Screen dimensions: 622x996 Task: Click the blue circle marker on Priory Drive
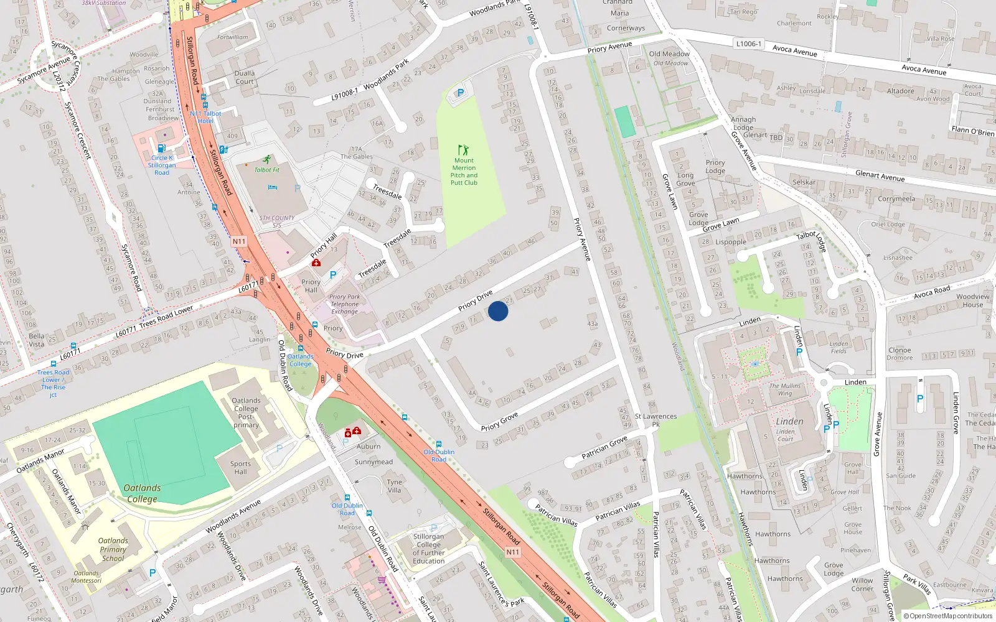click(x=498, y=311)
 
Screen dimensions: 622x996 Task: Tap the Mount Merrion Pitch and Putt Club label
click(x=464, y=172)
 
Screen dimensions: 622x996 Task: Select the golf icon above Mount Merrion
click(x=463, y=150)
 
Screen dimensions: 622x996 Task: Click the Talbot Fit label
click(x=266, y=170)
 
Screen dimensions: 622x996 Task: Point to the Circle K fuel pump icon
click(x=161, y=149)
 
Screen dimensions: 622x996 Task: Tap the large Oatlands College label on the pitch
click(x=142, y=493)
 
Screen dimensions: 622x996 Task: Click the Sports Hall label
click(x=240, y=468)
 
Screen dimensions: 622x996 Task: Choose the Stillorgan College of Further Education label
click(x=429, y=549)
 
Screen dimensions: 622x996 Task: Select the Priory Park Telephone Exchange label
click(x=345, y=304)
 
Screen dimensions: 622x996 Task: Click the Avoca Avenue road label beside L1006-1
click(x=794, y=50)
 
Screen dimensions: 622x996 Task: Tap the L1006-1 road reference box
click(x=748, y=44)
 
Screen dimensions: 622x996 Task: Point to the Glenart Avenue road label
click(x=880, y=176)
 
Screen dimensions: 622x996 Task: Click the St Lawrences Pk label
click(x=655, y=420)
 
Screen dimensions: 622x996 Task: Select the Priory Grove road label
click(x=499, y=422)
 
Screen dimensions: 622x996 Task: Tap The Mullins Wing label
click(x=785, y=389)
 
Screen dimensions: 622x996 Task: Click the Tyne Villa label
click(x=394, y=486)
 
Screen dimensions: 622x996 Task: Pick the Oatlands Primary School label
click(x=113, y=549)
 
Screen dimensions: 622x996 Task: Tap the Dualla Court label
click(x=244, y=77)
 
